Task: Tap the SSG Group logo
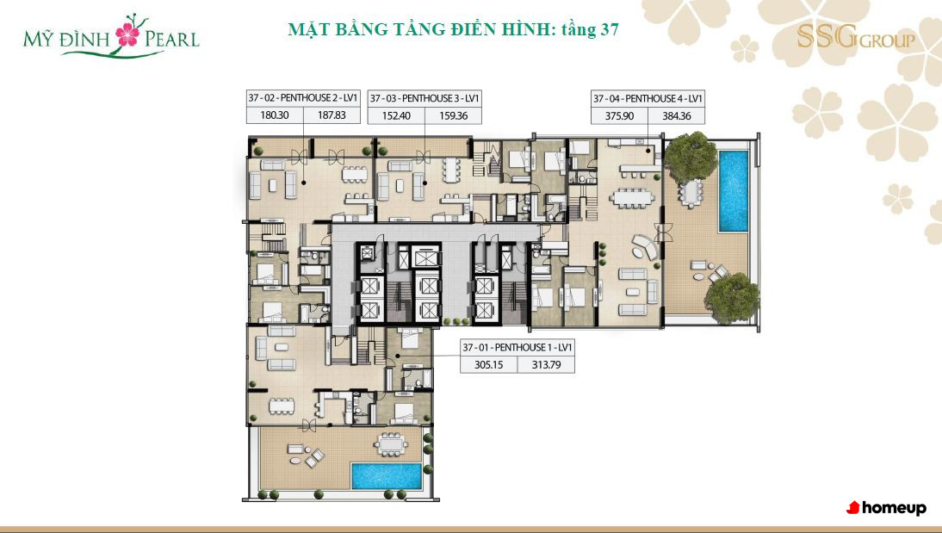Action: coord(856,37)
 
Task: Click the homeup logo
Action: coord(886,508)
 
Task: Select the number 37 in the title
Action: coord(607,28)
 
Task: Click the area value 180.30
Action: coord(275,115)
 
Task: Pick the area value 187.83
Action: coord(332,115)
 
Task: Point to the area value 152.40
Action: coord(396,115)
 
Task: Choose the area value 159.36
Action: coord(453,115)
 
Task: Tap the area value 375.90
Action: coord(619,116)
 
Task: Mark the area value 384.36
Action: coord(677,116)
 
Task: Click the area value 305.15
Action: coord(488,364)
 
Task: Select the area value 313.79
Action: coord(546,364)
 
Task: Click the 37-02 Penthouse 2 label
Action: coord(303,98)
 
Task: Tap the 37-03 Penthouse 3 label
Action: coord(425,98)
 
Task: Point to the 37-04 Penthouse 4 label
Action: coord(648,98)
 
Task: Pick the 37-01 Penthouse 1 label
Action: coord(517,347)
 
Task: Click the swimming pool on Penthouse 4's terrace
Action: coord(734,191)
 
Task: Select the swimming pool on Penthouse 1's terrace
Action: coord(387,476)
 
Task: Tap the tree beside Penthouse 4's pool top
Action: coord(691,158)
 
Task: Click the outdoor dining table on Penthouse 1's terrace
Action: coord(391,444)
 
